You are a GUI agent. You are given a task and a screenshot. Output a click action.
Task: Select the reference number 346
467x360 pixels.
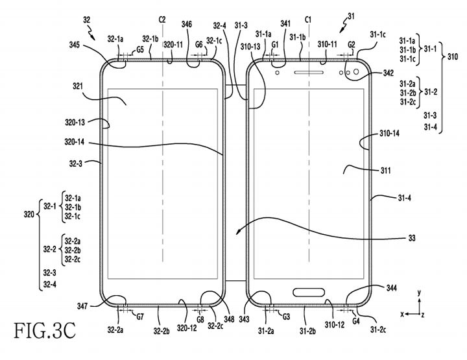coord(187,24)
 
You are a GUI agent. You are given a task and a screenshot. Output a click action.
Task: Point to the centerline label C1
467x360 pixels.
coord(308,20)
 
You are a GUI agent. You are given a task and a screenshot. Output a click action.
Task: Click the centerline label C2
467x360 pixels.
coord(162,20)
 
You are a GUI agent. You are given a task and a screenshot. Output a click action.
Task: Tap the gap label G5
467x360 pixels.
coord(140,49)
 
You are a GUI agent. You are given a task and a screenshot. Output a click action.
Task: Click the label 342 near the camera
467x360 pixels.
coord(388,73)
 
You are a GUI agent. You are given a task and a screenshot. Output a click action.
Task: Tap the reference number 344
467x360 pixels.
coord(390,287)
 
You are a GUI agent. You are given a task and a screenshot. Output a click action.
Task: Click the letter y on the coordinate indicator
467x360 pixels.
coord(420,293)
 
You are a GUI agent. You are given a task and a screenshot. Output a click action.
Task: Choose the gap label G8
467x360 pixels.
coord(200,319)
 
